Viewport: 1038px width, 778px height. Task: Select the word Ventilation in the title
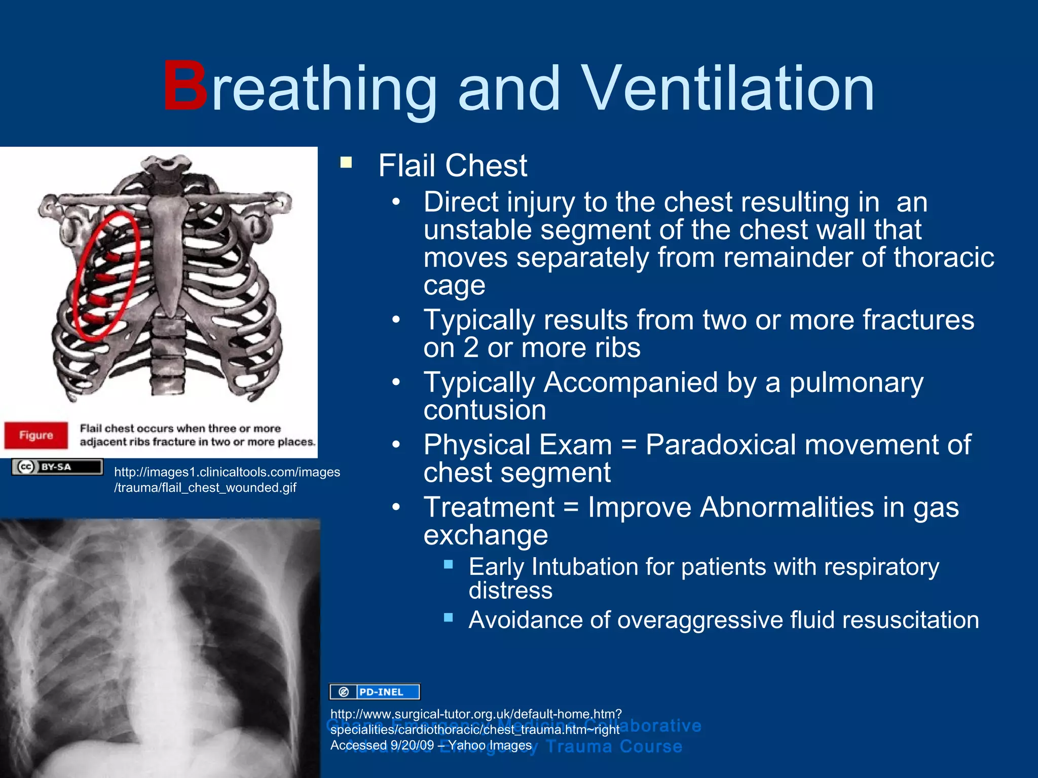(x=727, y=89)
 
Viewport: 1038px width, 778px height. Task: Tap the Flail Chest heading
(x=453, y=166)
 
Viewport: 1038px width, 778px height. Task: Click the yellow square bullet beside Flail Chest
(x=346, y=163)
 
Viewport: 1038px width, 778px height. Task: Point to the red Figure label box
(x=36, y=435)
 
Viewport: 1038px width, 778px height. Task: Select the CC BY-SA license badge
(x=57, y=467)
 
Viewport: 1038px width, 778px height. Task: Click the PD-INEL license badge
(x=375, y=692)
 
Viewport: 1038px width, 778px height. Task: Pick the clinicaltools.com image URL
(x=227, y=480)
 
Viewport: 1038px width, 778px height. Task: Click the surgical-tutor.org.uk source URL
(x=475, y=722)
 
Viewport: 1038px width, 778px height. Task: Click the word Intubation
(x=577, y=567)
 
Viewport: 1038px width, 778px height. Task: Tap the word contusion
(x=485, y=410)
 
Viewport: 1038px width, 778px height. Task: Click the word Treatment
(x=489, y=508)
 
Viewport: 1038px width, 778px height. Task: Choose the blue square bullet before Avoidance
(x=448, y=617)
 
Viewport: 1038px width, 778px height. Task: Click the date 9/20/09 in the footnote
(x=412, y=746)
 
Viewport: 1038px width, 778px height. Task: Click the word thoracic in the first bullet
(x=943, y=258)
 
